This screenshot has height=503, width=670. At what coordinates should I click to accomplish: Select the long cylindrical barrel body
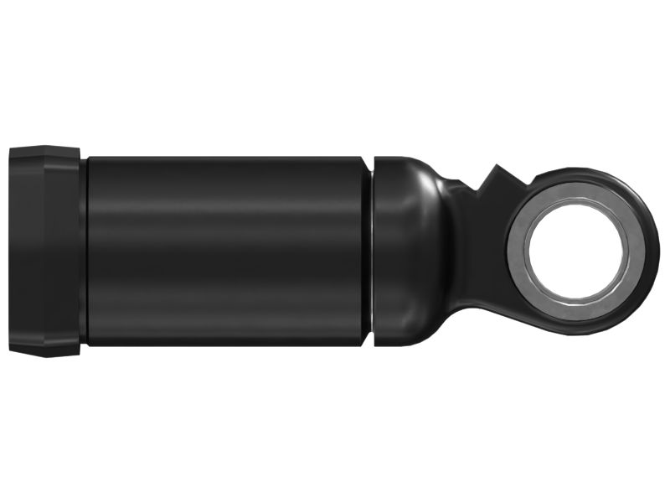pos(226,250)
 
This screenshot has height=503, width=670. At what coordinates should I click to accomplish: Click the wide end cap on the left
pos(44,250)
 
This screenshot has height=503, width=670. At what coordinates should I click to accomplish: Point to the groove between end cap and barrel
pos(83,250)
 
